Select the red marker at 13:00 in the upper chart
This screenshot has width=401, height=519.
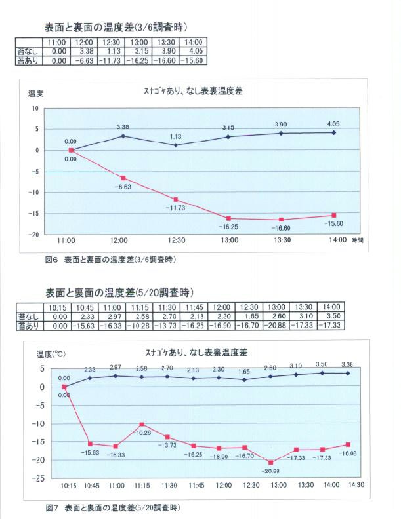click(x=227, y=218)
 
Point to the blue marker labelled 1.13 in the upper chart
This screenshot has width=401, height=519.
click(x=175, y=145)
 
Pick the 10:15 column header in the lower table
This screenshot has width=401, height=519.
click(x=59, y=307)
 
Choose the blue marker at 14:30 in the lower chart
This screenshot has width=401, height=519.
click(x=347, y=373)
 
